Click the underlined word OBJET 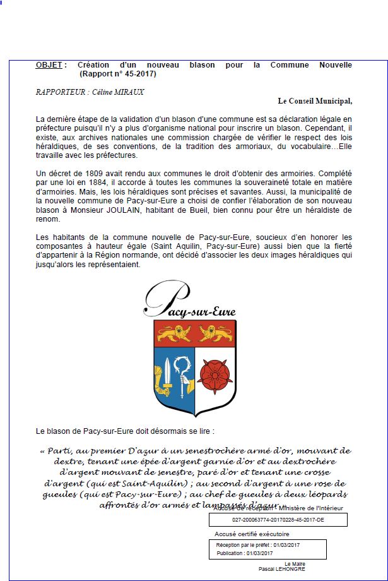[x=49, y=65]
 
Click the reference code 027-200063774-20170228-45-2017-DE [x=278, y=520]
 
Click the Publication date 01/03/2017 [x=261, y=553]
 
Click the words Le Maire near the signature [x=295, y=563]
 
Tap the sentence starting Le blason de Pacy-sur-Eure [x=125, y=432]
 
